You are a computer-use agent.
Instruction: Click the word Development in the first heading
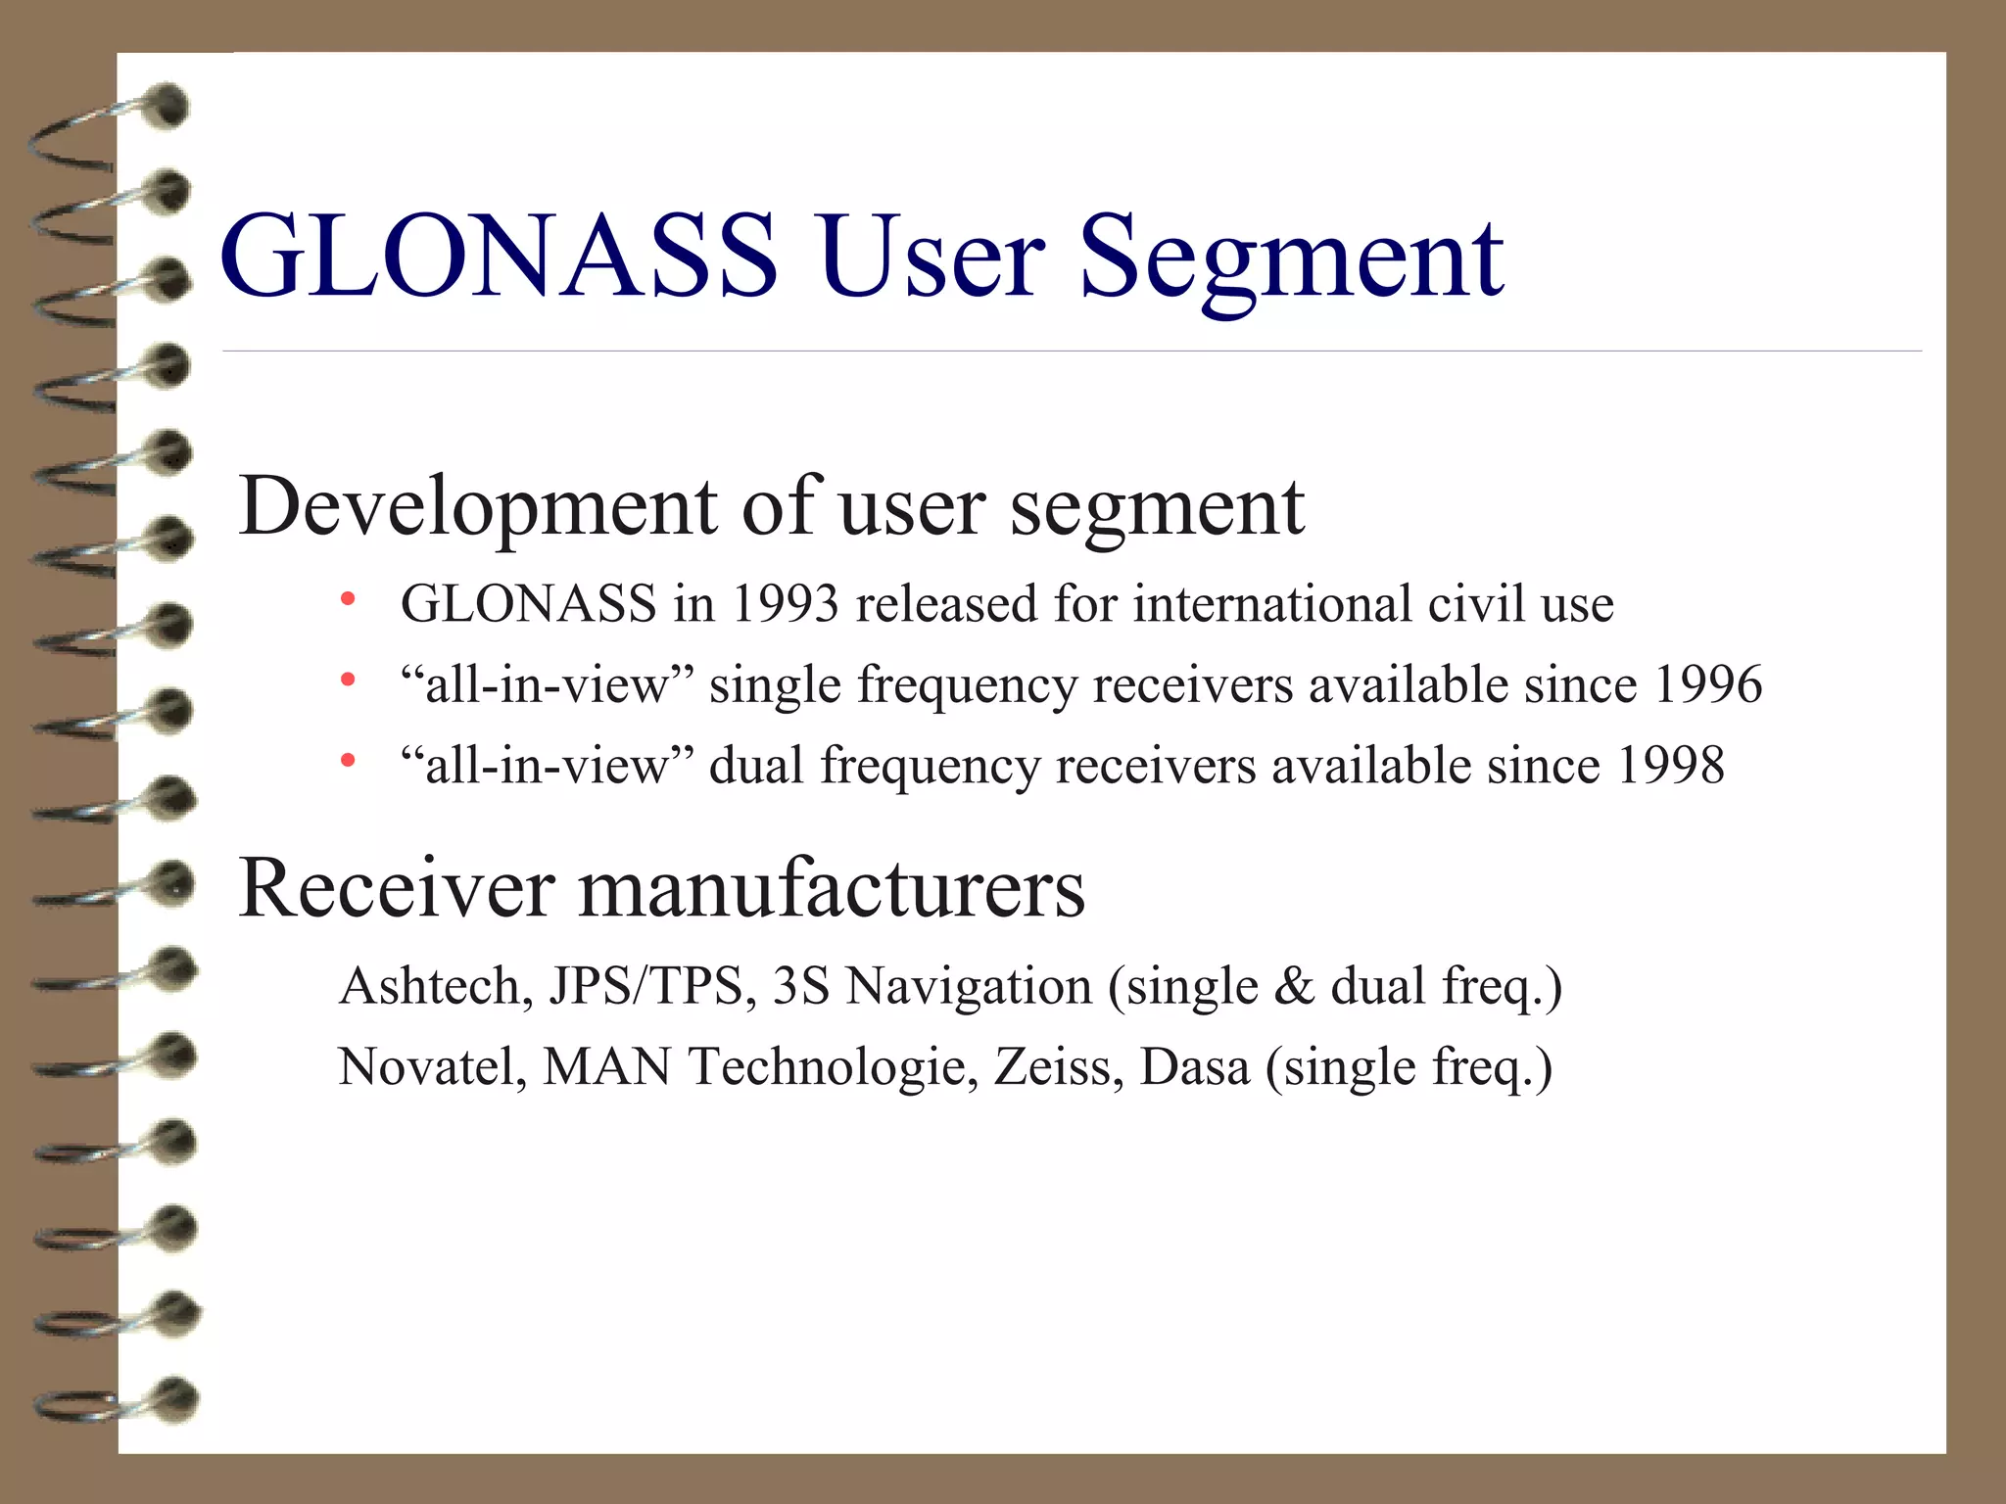tap(479, 508)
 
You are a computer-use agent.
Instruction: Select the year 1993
tap(785, 603)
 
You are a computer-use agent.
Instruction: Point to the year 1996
tap(1707, 683)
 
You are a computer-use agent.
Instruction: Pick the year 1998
tap(1670, 765)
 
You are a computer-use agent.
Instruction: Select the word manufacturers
tap(832, 888)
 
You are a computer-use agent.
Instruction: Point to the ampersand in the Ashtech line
tap(1294, 985)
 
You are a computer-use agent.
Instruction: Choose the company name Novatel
tap(432, 1066)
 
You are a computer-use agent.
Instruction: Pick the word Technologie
tap(833, 1068)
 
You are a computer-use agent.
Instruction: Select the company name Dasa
tap(1195, 1066)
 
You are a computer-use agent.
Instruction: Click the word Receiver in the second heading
tap(397, 888)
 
